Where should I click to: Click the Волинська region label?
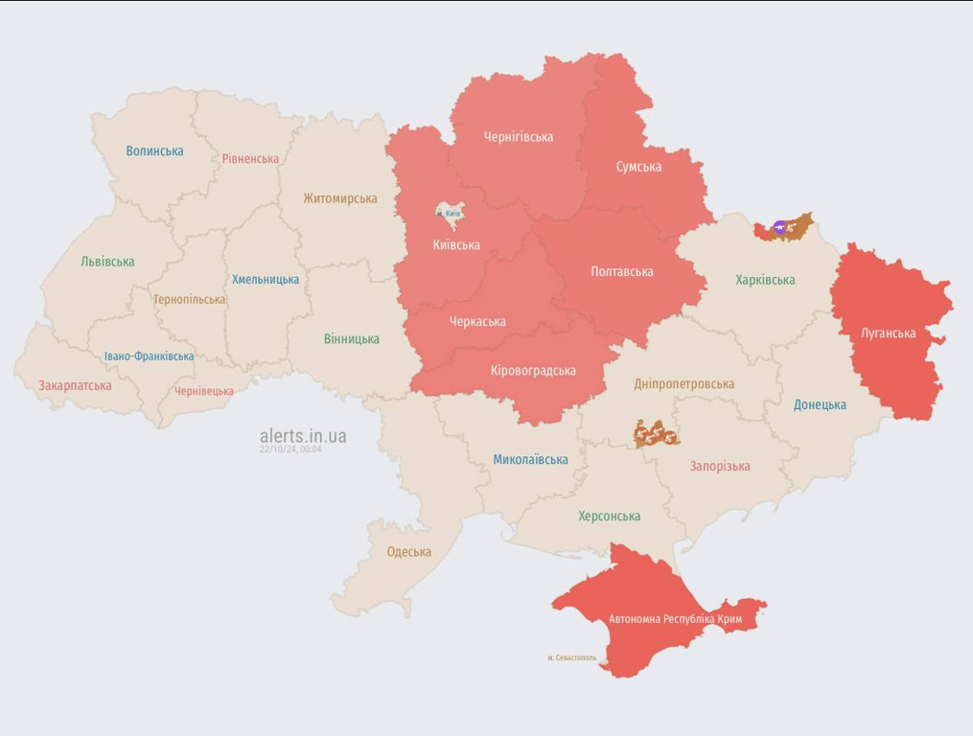[154, 150]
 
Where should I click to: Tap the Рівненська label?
[250, 159]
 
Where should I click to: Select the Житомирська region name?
[339, 198]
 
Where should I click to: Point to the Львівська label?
[107, 262]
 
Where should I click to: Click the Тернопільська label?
[189, 299]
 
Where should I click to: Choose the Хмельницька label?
[266, 280]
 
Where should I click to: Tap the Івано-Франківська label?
[149, 356]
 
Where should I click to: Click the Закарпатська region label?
[75, 386]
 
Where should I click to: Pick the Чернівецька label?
[204, 391]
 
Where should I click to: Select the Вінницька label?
[351, 338]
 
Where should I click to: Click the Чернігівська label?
[518, 137]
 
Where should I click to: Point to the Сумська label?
[638, 167]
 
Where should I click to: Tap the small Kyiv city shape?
[449, 212]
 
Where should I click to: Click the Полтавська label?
[622, 272]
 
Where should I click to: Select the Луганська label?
[888, 333]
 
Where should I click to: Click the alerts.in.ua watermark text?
[303, 436]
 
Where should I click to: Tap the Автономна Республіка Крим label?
[676, 619]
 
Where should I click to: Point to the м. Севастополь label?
[571, 657]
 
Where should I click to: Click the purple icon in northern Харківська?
[779, 228]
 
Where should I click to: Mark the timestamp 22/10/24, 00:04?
[290, 449]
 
